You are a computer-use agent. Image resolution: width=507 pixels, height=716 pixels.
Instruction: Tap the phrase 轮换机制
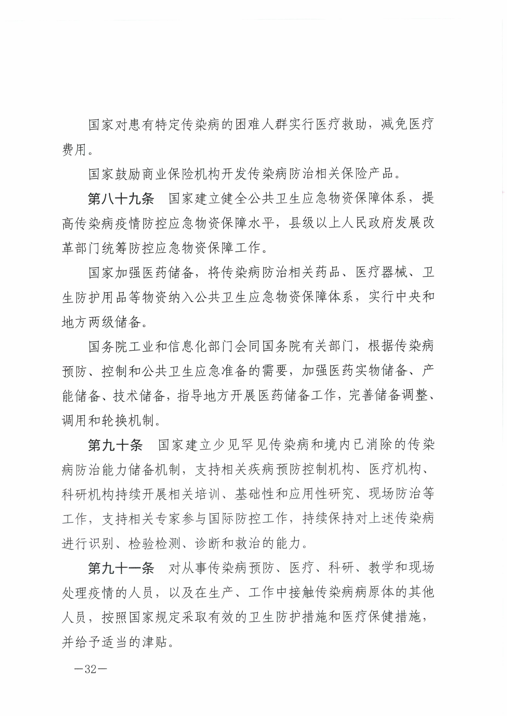(128, 421)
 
